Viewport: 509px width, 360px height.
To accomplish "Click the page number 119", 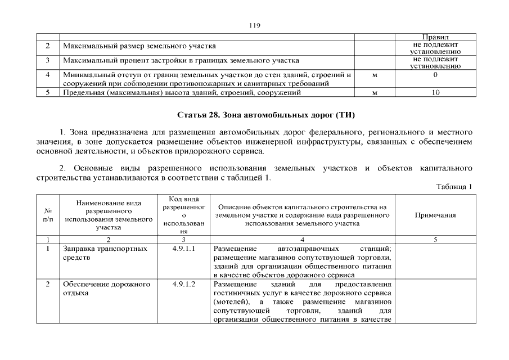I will point(254,25).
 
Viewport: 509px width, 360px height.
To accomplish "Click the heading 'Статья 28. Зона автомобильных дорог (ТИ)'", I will point(266,115).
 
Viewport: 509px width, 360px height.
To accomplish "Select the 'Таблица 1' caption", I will point(453,186).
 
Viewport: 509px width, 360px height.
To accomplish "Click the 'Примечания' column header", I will point(435,215).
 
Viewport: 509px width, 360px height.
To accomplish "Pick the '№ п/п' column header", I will point(48,215).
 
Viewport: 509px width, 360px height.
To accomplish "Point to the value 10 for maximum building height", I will point(435,92).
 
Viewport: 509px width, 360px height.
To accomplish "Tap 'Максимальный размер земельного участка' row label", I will point(139,46).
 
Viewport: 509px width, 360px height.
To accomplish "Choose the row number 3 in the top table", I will point(48,60).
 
